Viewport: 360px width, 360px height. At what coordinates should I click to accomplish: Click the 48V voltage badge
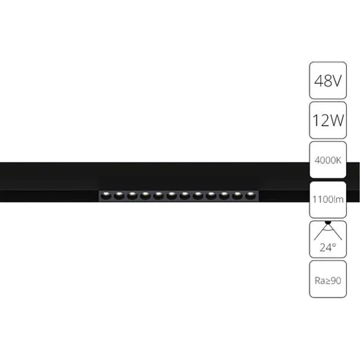328,80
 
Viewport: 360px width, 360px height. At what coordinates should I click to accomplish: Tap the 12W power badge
328,120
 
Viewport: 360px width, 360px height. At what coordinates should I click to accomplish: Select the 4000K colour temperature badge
328,160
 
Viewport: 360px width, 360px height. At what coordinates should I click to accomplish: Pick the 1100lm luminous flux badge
328,199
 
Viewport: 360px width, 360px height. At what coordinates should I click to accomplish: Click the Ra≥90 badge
328,279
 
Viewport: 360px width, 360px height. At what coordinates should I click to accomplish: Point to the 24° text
328,247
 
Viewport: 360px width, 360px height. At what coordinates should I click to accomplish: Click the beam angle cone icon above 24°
328,231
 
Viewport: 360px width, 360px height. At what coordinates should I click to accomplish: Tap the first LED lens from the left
106,196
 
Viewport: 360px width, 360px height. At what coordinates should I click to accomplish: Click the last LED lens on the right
250,196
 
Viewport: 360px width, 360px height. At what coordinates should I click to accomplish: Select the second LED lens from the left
119,196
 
